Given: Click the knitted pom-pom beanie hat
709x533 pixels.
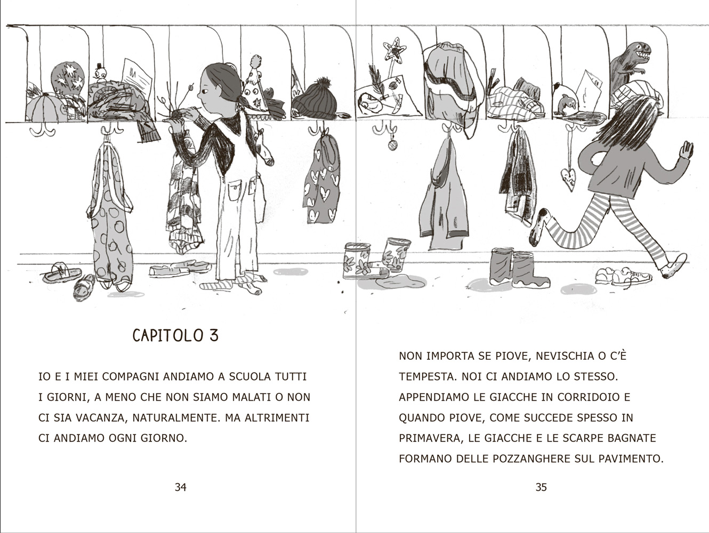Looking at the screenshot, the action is pyautogui.click(x=315, y=100).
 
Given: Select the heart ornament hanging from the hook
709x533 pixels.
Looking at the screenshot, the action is pyautogui.click(x=568, y=179).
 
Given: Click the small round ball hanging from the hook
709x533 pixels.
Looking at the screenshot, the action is pyautogui.click(x=392, y=146).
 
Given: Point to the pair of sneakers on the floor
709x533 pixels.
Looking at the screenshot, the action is pyautogui.click(x=623, y=276).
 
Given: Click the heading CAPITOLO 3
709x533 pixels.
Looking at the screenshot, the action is pyautogui.click(x=176, y=336).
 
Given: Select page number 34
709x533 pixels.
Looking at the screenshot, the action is pyautogui.click(x=181, y=487).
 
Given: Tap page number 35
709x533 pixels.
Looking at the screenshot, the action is pyautogui.click(x=541, y=487).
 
